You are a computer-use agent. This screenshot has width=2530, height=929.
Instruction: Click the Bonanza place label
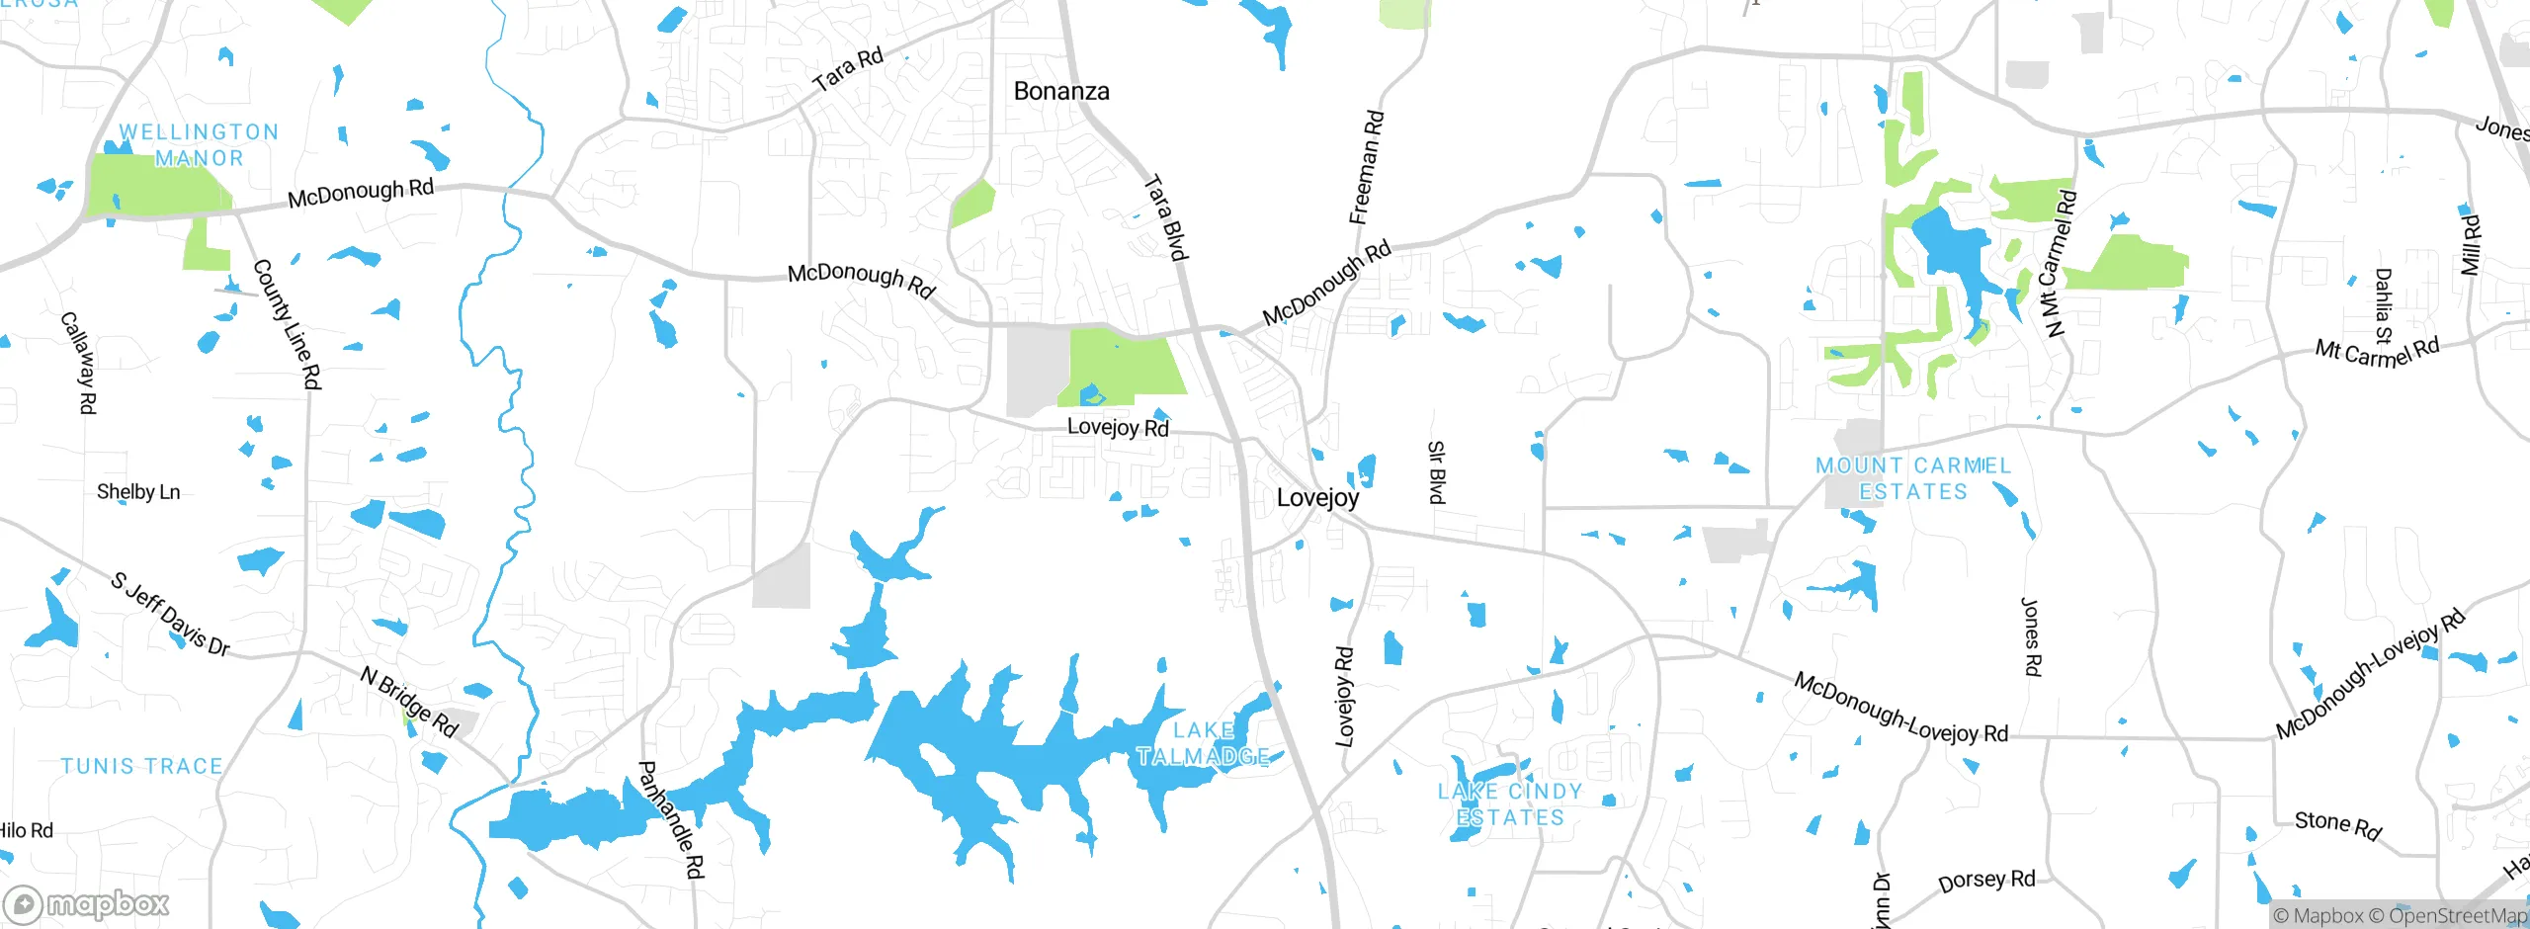pyautogui.click(x=1061, y=91)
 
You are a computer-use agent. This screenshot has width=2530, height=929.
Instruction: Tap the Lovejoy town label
pyautogui.click(x=1317, y=498)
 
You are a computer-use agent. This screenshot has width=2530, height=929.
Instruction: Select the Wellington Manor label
pyautogui.click(x=198, y=145)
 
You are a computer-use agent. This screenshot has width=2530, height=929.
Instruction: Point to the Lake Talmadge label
pyautogui.click(x=1203, y=743)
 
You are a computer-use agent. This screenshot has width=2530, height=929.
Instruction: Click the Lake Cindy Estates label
pyautogui.click(x=1510, y=804)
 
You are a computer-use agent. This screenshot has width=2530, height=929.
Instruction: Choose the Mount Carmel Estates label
pyautogui.click(x=1913, y=478)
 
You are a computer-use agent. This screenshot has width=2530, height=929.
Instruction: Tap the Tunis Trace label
pyautogui.click(x=142, y=766)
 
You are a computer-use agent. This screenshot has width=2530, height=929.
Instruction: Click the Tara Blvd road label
pyautogui.click(x=1165, y=217)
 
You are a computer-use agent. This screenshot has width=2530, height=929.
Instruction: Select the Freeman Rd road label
pyautogui.click(x=1367, y=167)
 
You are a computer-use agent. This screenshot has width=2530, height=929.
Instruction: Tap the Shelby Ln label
pyautogui.click(x=138, y=492)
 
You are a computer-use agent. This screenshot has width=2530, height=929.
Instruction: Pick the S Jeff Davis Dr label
pyautogui.click(x=170, y=614)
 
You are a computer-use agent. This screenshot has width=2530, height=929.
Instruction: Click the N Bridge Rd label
pyautogui.click(x=409, y=702)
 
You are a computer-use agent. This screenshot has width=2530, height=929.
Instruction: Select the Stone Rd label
pyautogui.click(x=2337, y=825)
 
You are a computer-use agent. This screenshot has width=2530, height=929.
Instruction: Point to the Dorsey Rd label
pyautogui.click(x=1986, y=881)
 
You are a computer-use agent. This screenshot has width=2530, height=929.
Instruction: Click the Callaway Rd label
pyautogui.click(x=78, y=363)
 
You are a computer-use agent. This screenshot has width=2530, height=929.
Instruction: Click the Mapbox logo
pyautogui.click(x=86, y=903)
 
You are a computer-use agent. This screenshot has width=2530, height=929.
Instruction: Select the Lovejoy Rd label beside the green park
pyautogui.click(x=1118, y=427)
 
